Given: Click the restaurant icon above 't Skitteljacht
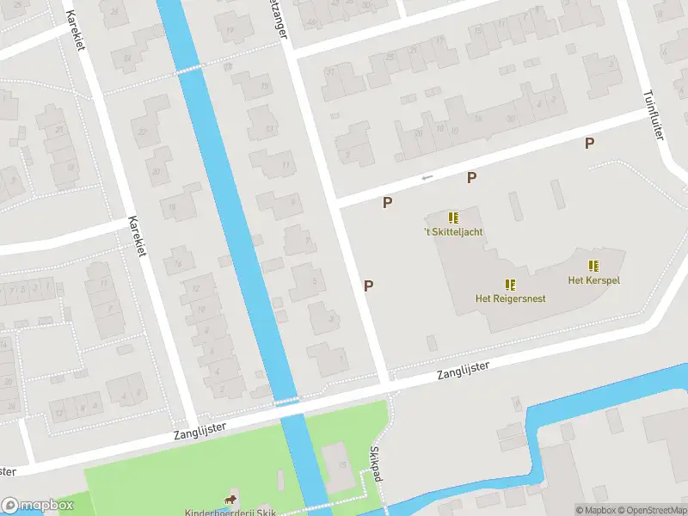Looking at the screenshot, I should [453, 218].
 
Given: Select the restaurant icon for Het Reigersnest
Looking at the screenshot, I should [511, 284].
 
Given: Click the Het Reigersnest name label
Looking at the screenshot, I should [511, 298].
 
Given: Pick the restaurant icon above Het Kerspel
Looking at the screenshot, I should [593, 266].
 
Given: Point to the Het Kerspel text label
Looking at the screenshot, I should [593, 279].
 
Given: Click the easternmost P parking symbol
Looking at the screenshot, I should [589, 144].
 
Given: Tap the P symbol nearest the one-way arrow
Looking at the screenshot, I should [471, 177].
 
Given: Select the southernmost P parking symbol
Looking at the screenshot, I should [369, 286].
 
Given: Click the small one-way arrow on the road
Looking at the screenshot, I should [427, 178].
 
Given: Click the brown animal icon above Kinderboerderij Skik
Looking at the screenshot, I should [230, 500].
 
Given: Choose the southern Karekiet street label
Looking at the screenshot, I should [135, 235].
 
